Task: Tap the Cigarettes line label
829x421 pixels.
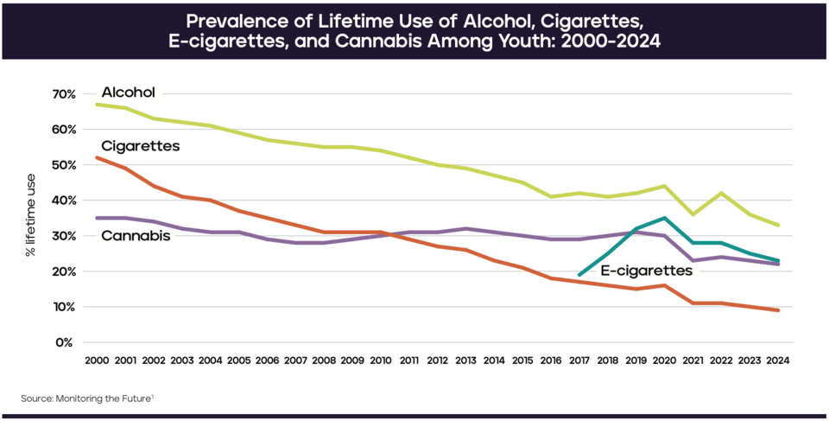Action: click(140, 146)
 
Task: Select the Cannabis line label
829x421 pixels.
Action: click(136, 235)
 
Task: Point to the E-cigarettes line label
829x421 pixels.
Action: click(647, 271)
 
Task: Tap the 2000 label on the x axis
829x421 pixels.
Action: click(96, 360)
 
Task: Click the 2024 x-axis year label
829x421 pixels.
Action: click(779, 360)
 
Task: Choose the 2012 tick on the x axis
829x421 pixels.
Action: click(438, 360)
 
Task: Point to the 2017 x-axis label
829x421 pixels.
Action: click(579, 360)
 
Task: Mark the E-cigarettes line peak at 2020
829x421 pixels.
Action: click(665, 218)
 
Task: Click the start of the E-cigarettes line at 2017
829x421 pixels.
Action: click(579, 275)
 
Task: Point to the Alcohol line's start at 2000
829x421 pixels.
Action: click(96, 104)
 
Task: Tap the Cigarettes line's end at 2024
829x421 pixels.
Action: click(779, 310)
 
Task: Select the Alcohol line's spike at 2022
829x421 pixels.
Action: click(722, 193)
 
